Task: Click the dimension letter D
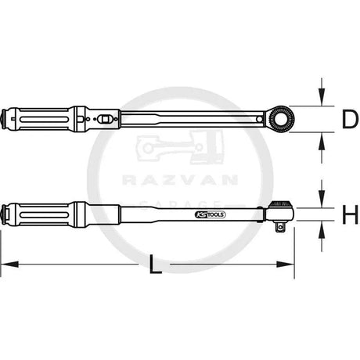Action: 350,119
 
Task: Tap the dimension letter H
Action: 350,214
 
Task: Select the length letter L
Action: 155,264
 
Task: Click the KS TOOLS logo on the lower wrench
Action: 210,214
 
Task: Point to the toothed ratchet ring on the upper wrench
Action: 281,119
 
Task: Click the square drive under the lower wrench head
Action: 280,228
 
